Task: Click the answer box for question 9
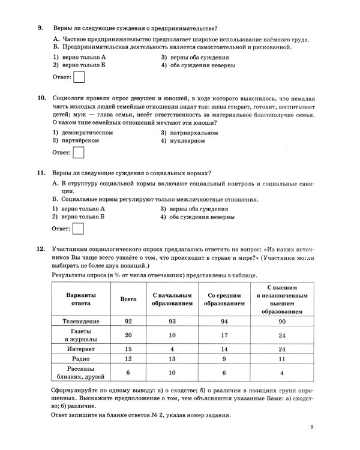[79, 77]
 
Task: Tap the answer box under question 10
[79, 153]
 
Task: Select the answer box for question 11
[79, 229]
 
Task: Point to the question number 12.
[41, 248]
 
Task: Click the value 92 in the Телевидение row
[128, 322]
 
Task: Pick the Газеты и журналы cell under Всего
[128, 335]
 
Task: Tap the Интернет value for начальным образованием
[172, 349]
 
